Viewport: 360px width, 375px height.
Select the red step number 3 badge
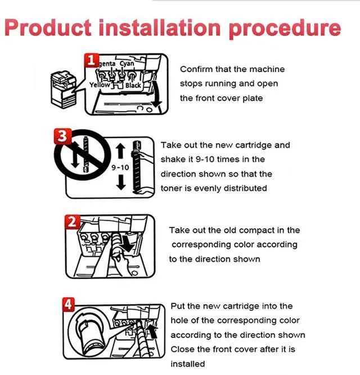62,136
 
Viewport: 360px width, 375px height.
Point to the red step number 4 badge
69,305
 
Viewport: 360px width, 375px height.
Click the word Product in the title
48,28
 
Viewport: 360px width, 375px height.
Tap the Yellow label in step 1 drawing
100,85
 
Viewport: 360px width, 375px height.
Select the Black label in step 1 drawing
133,86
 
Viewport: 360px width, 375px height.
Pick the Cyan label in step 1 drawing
127,64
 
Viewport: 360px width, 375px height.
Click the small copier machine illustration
64,90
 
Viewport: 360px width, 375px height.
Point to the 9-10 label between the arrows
120,167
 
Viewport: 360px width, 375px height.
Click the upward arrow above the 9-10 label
120,151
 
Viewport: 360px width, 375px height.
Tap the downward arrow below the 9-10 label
121,182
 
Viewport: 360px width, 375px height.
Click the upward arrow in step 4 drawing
152,331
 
